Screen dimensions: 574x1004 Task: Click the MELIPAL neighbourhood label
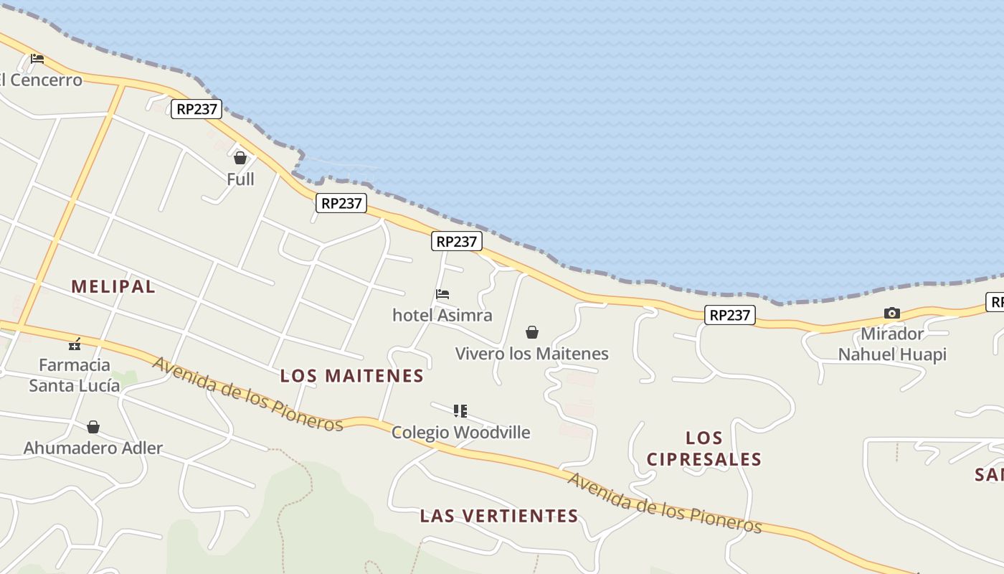point(113,286)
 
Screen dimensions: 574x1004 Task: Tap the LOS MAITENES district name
point(352,376)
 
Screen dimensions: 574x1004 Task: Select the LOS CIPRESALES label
point(704,448)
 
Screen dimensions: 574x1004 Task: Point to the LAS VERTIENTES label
point(499,516)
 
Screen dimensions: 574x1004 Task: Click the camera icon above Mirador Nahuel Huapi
point(892,313)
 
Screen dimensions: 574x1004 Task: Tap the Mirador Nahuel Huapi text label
point(892,344)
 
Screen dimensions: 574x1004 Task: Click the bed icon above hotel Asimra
point(442,294)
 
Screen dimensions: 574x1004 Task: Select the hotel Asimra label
point(442,315)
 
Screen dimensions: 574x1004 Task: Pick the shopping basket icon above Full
point(240,158)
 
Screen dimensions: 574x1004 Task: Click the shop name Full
point(240,179)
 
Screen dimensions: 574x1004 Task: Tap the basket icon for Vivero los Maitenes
point(532,332)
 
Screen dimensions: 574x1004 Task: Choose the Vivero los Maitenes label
point(532,354)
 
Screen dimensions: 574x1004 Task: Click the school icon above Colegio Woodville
point(460,411)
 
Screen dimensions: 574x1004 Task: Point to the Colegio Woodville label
point(460,432)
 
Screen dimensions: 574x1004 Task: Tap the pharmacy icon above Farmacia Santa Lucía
point(75,344)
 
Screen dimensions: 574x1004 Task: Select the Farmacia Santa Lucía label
point(75,375)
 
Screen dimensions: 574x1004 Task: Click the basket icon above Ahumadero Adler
point(93,428)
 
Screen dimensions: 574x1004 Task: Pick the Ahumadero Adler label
point(93,448)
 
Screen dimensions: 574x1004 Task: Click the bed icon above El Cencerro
point(37,59)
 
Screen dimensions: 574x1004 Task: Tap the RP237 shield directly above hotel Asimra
point(457,241)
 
